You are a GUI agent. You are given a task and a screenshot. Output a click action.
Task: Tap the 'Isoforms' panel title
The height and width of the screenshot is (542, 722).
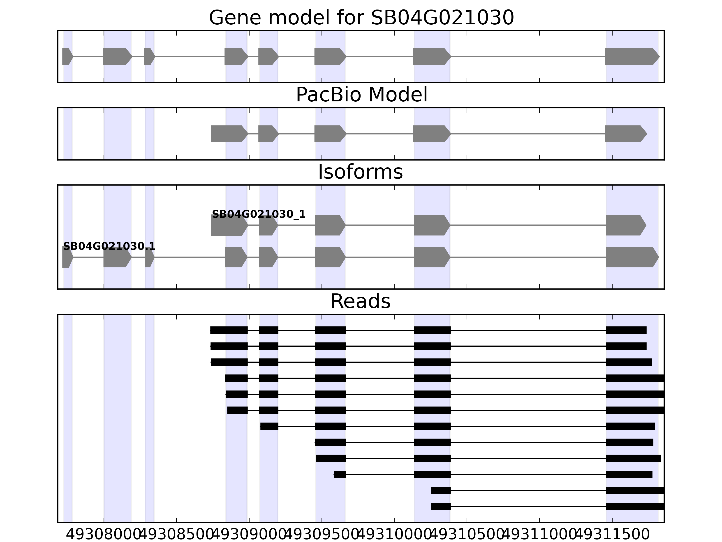(x=360, y=172)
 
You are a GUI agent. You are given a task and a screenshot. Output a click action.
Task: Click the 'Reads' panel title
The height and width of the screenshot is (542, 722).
(x=360, y=301)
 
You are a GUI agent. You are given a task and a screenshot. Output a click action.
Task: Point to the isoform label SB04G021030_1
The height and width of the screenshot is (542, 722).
(x=259, y=214)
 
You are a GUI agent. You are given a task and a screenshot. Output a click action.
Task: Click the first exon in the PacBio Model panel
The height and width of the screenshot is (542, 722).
(x=229, y=134)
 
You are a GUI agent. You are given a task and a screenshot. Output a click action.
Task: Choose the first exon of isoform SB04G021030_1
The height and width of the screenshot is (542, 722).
(x=229, y=225)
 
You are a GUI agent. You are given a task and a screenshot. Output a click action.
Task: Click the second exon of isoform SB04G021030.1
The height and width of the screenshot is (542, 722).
(x=117, y=257)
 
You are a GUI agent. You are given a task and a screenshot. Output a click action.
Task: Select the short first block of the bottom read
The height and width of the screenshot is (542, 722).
(x=441, y=506)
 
